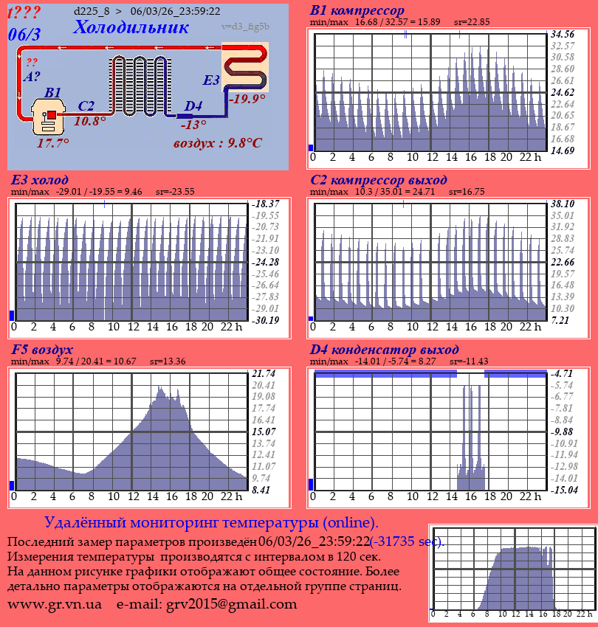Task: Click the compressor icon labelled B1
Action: (49, 117)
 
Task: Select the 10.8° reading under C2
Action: (90, 121)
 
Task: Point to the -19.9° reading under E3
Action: (247, 98)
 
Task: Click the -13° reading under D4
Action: (193, 125)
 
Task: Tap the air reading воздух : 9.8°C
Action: (217, 143)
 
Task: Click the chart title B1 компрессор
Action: (357, 10)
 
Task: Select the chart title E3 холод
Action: (40, 180)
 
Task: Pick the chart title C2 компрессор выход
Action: (378, 180)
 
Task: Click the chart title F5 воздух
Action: (42, 349)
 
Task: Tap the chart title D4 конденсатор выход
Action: (384, 349)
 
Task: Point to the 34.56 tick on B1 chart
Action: (563, 34)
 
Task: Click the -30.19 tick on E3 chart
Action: (264, 320)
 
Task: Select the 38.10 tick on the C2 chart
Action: (563, 204)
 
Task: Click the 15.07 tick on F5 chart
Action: (264, 432)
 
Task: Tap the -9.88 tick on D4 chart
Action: (563, 432)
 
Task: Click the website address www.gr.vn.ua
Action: (55, 604)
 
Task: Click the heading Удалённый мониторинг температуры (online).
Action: (211, 523)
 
